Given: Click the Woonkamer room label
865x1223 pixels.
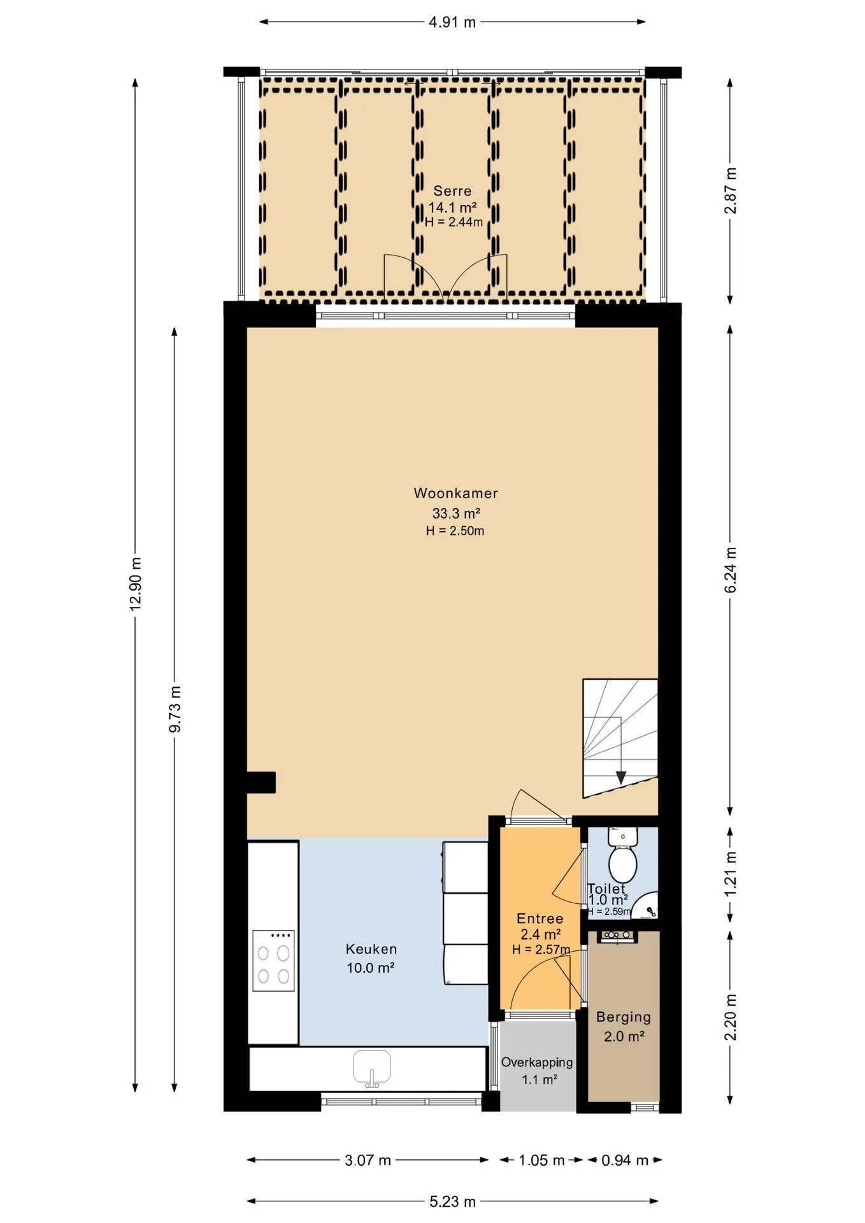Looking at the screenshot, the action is [455, 493].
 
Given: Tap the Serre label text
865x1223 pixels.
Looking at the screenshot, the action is [452, 190].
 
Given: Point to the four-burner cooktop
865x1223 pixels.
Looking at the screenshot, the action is [273, 961].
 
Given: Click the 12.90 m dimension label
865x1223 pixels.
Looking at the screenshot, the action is [135, 583].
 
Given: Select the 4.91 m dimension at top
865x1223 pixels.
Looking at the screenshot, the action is [452, 22].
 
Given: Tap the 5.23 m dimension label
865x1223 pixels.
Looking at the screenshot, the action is [452, 1201].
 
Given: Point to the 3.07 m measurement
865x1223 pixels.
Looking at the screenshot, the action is [368, 1160].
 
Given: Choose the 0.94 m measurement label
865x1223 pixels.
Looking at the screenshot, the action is [625, 1160].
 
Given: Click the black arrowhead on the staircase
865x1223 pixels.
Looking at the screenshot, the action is [620, 778].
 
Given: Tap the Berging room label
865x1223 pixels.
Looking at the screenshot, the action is [624, 1017].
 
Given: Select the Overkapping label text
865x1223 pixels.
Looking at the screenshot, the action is [537, 1062].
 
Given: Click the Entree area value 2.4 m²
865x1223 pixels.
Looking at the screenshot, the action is [541, 934].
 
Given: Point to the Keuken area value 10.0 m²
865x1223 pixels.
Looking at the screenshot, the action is [371, 968].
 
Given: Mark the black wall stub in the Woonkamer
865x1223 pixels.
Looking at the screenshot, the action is [261, 782].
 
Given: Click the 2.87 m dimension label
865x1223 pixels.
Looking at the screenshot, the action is [731, 190].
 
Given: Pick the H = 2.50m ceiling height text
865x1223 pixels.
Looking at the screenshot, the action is [455, 531].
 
